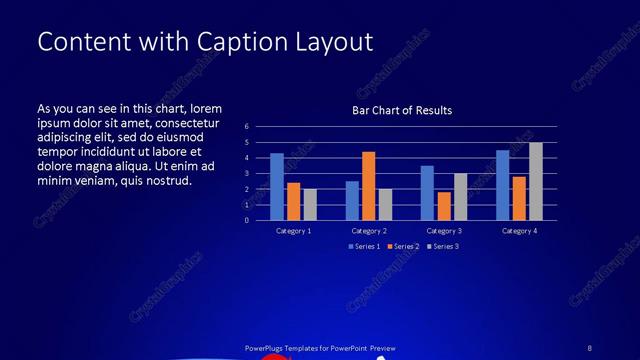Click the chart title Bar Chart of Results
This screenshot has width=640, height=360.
(402, 110)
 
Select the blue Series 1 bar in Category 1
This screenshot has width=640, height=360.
(277, 187)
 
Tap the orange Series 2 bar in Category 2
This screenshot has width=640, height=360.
(368, 186)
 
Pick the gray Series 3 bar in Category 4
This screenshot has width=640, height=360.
(536, 181)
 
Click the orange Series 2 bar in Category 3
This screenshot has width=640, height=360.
(443, 206)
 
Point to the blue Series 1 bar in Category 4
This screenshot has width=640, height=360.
(502, 185)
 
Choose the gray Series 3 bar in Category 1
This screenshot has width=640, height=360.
(310, 204)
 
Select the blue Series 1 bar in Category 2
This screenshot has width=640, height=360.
(352, 200)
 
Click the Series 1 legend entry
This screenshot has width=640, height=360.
(364, 246)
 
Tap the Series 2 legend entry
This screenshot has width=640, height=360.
(402, 246)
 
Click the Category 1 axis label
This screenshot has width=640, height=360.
(293, 231)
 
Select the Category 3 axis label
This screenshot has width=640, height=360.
(443, 231)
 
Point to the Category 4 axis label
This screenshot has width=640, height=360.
(519, 231)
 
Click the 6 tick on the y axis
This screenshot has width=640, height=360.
(247, 127)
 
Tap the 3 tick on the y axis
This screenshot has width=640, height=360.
(247, 173)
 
